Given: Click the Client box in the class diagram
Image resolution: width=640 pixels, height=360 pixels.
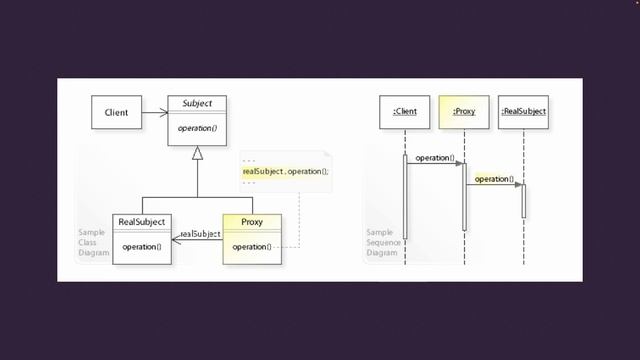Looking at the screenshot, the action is (x=116, y=112).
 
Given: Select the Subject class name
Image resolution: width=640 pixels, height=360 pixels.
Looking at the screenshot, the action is (x=197, y=103).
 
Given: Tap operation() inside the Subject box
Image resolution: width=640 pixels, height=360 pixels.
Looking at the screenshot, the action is (x=197, y=128).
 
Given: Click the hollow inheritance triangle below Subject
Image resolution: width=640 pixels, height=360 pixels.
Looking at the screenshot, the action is (x=197, y=154).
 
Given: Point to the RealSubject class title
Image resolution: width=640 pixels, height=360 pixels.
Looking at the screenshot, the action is (x=141, y=221).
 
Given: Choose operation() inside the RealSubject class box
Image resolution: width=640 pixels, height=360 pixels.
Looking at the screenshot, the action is (x=141, y=246).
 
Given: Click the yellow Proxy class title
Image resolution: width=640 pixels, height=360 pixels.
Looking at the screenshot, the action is (x=251, y=221).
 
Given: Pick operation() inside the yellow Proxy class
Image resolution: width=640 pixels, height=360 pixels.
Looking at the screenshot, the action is (x=251, y=246).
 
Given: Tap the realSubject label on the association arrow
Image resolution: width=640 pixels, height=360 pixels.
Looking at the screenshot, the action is (x=200, y=234).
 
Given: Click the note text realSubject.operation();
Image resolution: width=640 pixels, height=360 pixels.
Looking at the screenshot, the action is (x=285, y=172).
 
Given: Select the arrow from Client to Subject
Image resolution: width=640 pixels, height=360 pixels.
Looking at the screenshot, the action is (x=154, y=112).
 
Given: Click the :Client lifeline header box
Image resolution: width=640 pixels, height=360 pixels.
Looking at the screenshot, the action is (x=405, y=112).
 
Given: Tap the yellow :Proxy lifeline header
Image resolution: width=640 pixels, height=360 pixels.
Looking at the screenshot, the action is (x=464, y=112).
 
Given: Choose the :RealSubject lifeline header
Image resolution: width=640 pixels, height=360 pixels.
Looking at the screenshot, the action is (x=524, y=112).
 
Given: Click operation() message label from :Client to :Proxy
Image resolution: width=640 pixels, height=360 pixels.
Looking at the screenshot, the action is (x=435, y=158).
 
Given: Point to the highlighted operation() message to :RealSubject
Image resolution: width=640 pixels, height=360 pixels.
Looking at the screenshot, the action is (x=494, y=179).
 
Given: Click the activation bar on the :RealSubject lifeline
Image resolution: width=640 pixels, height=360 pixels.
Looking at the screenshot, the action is (x=524, y=200).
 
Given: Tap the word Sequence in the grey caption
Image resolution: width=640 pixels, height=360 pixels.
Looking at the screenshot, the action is (x=382, y=243).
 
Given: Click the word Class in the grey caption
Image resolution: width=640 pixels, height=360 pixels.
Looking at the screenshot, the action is (x=88, y=243).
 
